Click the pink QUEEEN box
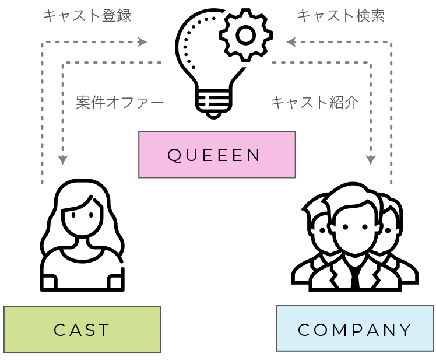coord(217,155)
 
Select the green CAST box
coord(82,330)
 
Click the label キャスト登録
coord(87,16)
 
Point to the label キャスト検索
coord(340,16)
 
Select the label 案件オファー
coord(119,103)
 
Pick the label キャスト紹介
coord(315,103)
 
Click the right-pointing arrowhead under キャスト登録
coord(143,42)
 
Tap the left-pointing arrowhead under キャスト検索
coord(291,42)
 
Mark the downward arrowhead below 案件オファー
coord(63,160)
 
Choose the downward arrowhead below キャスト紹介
coord(371,160)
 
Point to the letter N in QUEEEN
coord(254,155)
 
